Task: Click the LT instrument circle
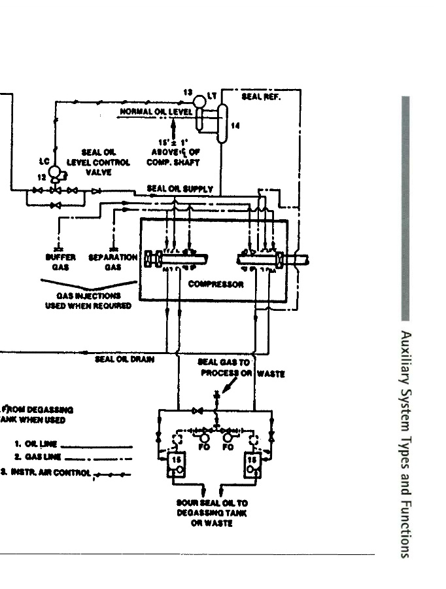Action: (199, 102)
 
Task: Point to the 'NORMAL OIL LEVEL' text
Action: (156, 112)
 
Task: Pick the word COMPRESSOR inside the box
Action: (216, 284)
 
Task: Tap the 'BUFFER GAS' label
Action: (60, 262)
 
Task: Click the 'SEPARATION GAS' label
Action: (113, 262)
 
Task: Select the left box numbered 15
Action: (176, 464)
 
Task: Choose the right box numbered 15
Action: (252, 464)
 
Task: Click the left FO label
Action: (203, 448)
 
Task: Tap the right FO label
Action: (228, 448)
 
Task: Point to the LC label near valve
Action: (44, 161)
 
